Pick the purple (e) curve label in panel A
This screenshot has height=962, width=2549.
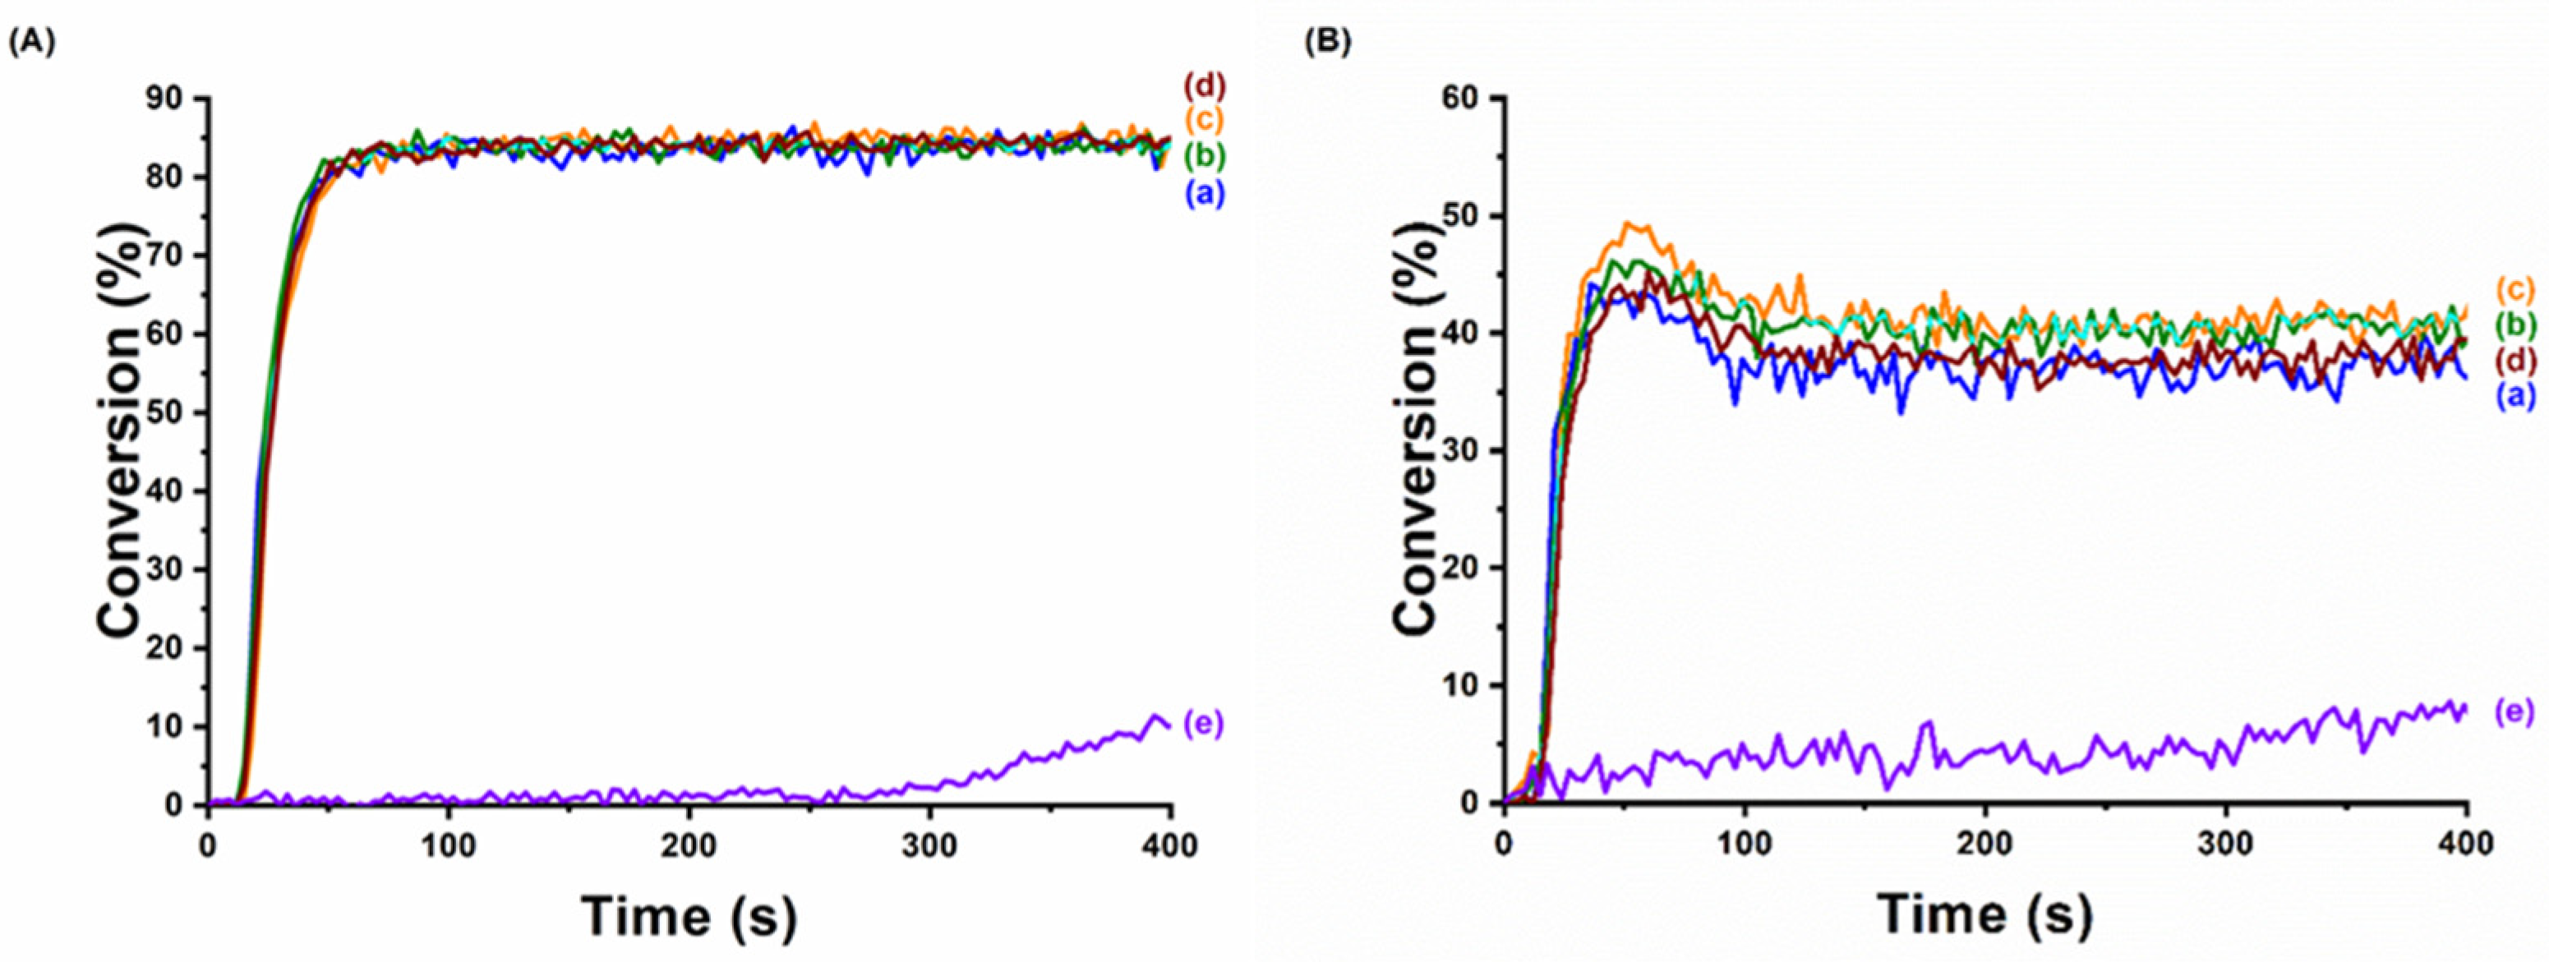[1203, 725]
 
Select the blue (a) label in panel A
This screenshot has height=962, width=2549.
[1203, 194]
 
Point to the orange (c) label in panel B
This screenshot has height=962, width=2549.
[2514, 290]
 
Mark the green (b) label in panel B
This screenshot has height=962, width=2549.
[2514, 324]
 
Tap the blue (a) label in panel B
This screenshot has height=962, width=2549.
[2514, 396]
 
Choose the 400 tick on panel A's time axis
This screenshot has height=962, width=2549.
[1171, 846]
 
